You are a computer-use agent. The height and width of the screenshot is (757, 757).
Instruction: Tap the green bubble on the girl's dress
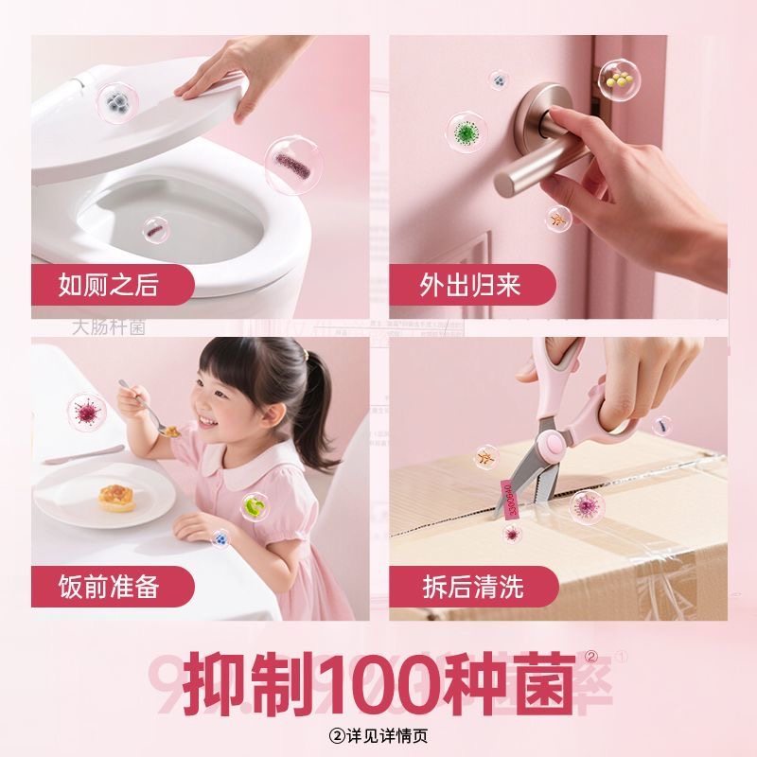253,508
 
